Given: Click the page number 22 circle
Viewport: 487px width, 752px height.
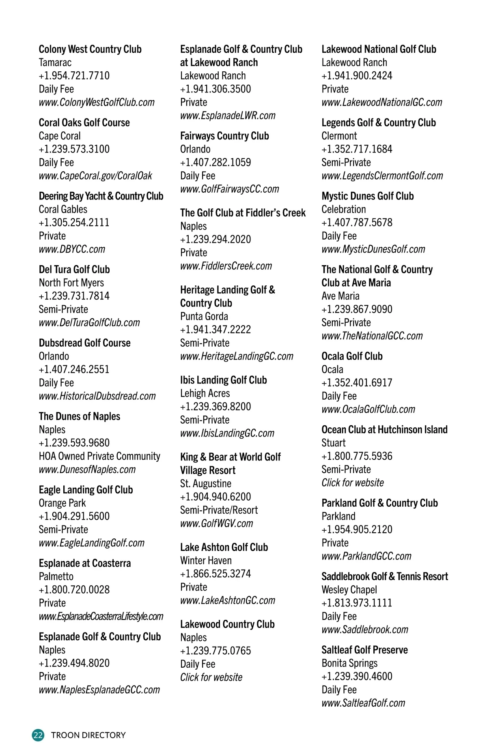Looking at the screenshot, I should (x=38, y=735).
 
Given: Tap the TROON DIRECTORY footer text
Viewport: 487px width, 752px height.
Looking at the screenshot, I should (x=88, y=735).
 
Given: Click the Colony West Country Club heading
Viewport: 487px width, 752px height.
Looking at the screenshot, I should (x=90, y=49).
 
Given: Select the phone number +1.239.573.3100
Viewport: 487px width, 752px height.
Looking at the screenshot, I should (x=74, y=149).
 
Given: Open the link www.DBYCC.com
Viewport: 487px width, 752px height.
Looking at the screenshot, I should (x=72, y=249).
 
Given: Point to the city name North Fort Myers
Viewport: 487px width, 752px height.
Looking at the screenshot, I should (x=71, y=283).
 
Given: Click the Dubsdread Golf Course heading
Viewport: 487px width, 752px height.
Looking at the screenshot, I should (x=85, y=343).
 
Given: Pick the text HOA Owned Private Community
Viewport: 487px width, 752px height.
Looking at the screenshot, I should (x=99, y=456).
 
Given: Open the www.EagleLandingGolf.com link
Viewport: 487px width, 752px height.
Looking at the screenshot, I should (x=92, y=543).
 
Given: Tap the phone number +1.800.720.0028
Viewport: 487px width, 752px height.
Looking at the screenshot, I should (x=74, y=590).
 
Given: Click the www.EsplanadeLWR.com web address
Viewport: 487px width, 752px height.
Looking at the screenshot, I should (x=228, y=116).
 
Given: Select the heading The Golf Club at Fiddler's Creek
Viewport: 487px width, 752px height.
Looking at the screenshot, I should (x=243, y=213).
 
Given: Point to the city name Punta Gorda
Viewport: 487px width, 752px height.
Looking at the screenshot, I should (x=204, y=317).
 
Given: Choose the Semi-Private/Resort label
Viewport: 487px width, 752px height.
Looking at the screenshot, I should (x=219, y=510).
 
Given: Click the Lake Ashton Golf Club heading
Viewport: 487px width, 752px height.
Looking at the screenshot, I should (x=224, y=548).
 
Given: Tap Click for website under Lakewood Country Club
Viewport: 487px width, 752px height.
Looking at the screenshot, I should (x=211, y=677).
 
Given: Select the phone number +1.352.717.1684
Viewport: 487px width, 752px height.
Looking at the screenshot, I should (x=357, y=149).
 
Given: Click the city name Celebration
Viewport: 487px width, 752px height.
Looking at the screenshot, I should (x=344, y=210).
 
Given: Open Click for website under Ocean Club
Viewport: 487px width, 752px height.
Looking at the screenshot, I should (x=353, y=483).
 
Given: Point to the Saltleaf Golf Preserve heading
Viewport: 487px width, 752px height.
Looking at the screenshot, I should (x=365, y=650).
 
